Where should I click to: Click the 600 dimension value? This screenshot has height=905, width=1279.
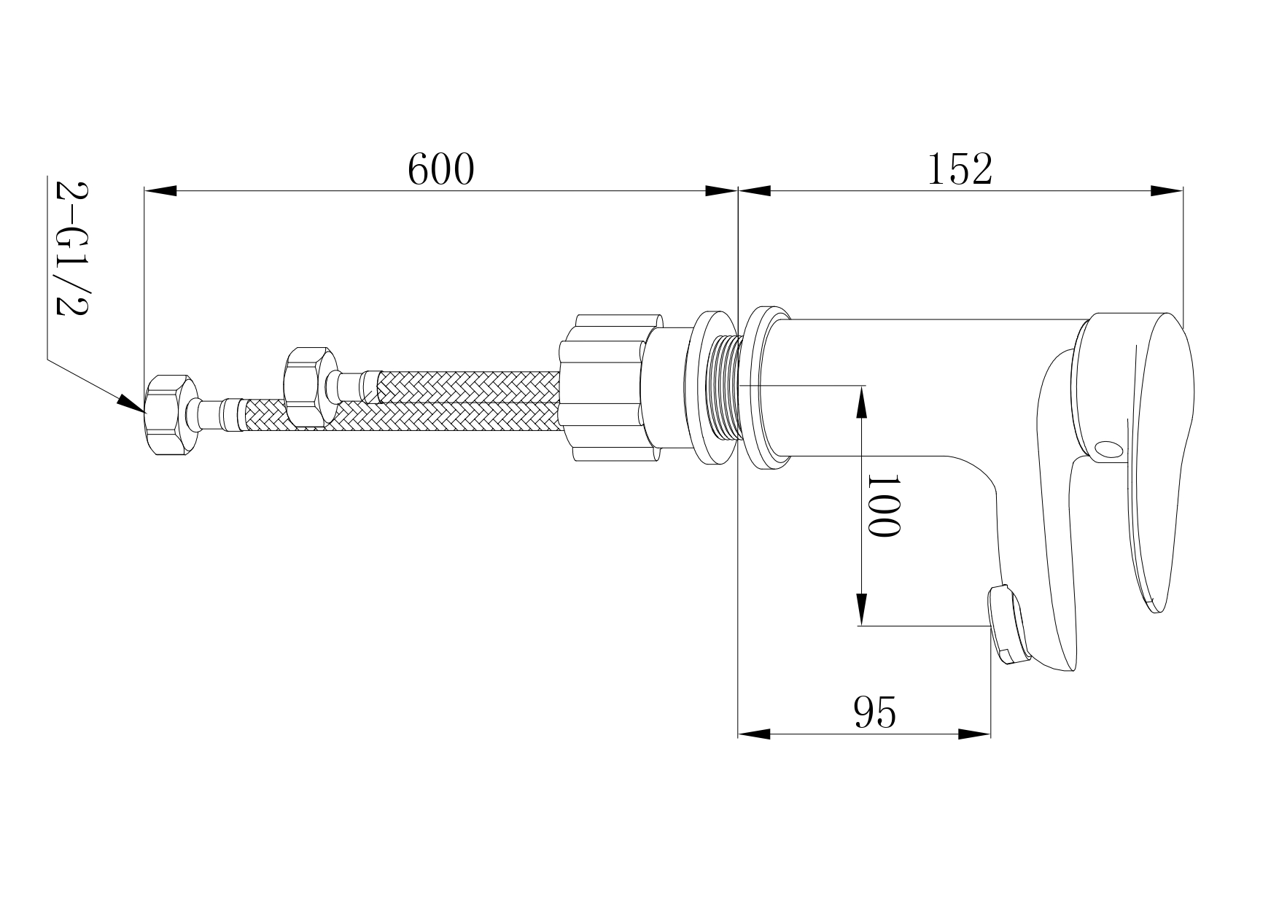[x=440, y=170]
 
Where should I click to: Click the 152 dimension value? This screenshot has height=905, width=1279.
[x=960, y=170]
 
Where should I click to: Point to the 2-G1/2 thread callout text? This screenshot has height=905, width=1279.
[x=71, y=248]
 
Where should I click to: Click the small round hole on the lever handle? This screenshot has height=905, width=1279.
[x=1109, y=448]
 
